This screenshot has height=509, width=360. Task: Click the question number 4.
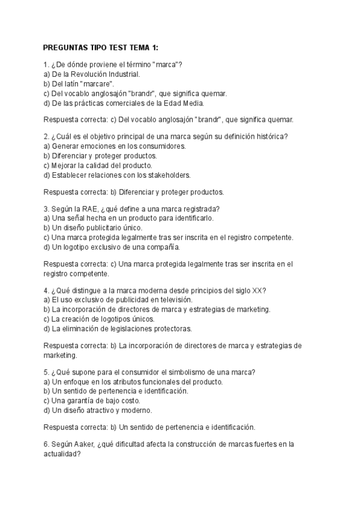pyautogui.click(x=46, y=290)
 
